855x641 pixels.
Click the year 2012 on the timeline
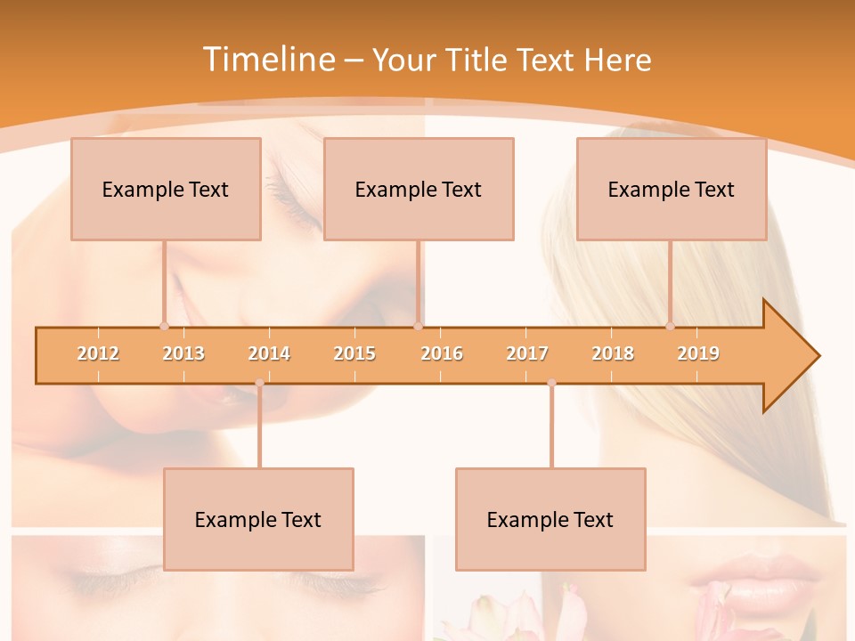[98, 354]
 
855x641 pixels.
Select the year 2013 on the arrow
[183, 354]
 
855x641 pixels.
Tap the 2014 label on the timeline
[269, 354]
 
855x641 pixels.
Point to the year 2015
[354, 354]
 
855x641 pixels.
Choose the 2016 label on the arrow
[442, 354]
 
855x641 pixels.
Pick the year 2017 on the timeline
[527, 354]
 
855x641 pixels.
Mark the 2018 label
[613, 354]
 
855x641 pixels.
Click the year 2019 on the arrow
[698, 354]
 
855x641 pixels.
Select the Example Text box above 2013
[166, 189]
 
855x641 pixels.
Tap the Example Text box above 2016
[419, 189]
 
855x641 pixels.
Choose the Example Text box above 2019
[672, 189]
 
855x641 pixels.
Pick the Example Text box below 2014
[258, 519]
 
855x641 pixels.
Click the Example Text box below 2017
[550, 519]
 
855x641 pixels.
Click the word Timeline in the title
[266, 60]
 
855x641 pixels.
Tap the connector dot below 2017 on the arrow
[551, 383]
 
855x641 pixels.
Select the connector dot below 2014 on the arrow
[259, 383]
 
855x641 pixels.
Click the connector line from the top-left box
[164, 282]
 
